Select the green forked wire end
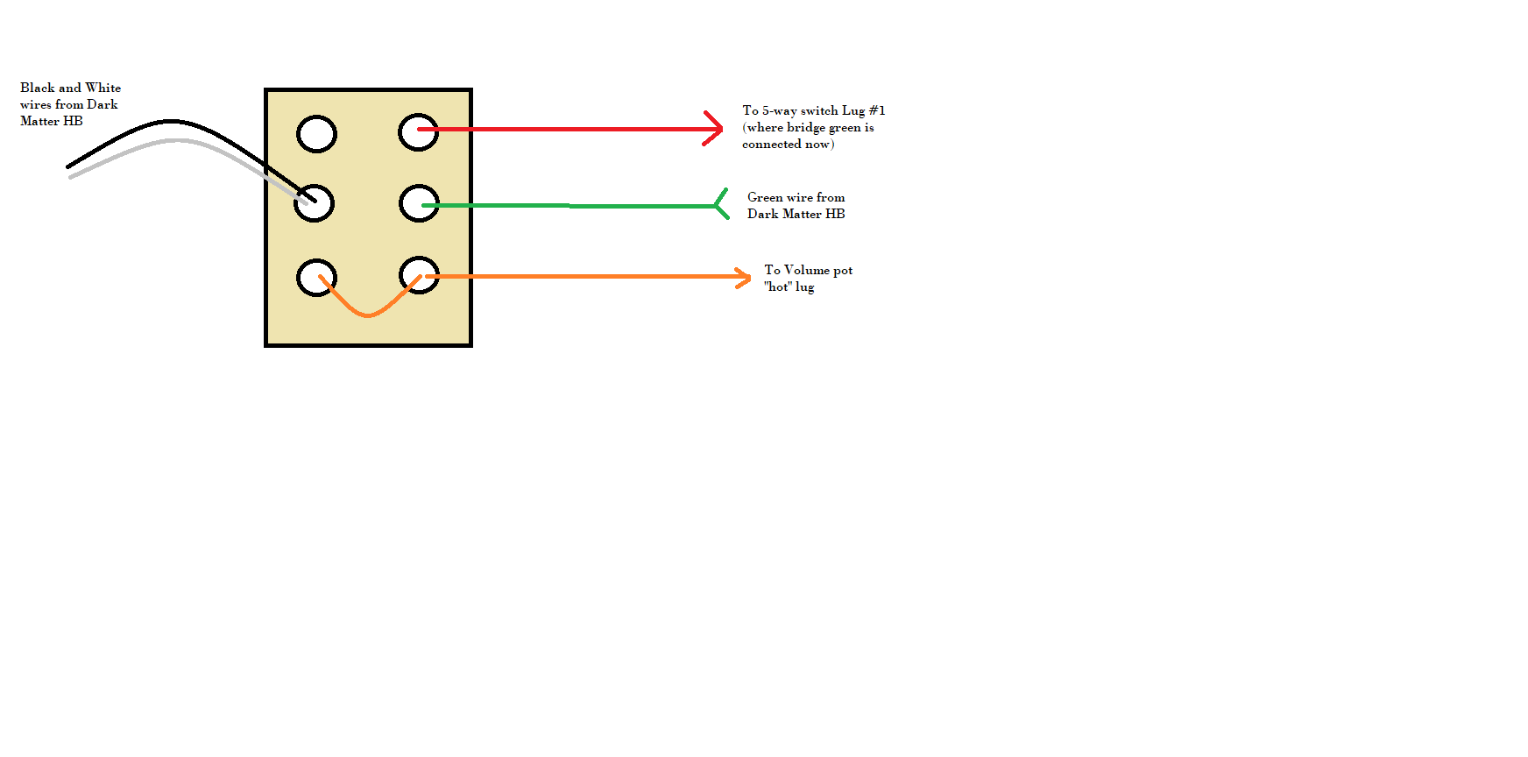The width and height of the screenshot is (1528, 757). click(721, 204)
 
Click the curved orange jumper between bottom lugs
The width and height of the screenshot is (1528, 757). click(368, 315)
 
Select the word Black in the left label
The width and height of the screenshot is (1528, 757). click(38, 88)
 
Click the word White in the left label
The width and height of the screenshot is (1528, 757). click(103, 88)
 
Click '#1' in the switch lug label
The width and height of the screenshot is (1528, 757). click(877, 110)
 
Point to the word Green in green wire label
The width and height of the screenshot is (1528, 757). click(765, 197)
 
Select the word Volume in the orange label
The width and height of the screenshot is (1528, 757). click(806, 270)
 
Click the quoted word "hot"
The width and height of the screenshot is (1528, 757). click(778, 287)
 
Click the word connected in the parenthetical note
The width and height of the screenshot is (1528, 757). click(772, 145)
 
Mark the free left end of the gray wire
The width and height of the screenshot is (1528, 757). click(70, 177)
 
